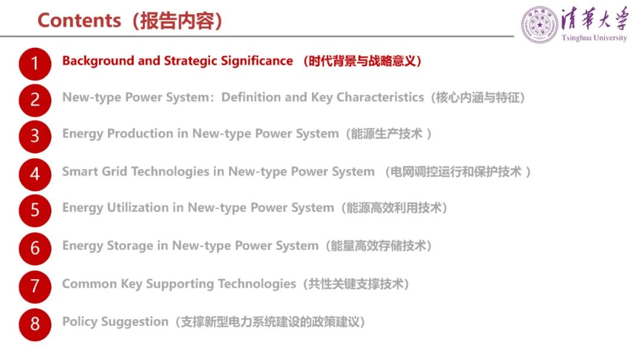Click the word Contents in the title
79,20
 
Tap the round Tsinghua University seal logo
540,25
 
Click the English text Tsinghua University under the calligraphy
594,38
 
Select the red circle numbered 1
35,64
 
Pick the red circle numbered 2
35,100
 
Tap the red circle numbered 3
35,136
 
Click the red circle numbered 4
35,174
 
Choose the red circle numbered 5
35,211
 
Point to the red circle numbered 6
35,248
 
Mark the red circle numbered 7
35,286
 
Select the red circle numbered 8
35,324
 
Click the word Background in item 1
98,61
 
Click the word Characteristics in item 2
380,97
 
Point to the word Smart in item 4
80,172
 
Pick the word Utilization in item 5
137,208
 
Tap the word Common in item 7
90,284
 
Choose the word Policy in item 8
80,322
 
